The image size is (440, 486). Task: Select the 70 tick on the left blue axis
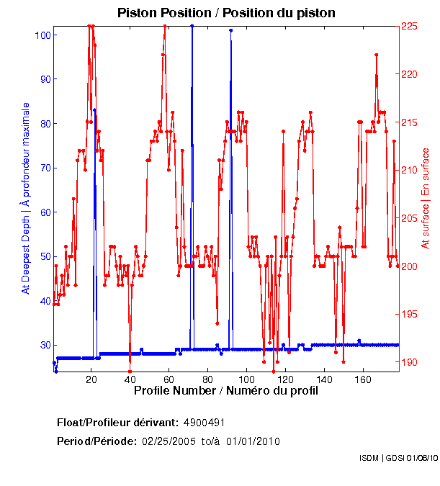point(46,168)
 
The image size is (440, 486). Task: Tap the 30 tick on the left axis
point(46,345)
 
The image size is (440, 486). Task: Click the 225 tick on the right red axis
point(409,26)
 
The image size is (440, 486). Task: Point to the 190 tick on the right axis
point(409,362)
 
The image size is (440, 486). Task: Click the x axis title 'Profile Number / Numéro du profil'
point(225,392)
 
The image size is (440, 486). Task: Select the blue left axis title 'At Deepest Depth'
point(26,197)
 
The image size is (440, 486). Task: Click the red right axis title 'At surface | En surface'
point(426,198)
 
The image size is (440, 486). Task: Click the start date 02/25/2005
point(168,441)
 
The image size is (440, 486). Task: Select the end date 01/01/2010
point(253,441)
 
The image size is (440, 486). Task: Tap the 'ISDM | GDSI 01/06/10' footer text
point(398,457)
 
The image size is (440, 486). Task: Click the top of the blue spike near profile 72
point(192,26)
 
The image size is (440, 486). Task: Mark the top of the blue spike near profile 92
point(230,31)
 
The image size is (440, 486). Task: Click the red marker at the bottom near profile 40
point(130,372)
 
